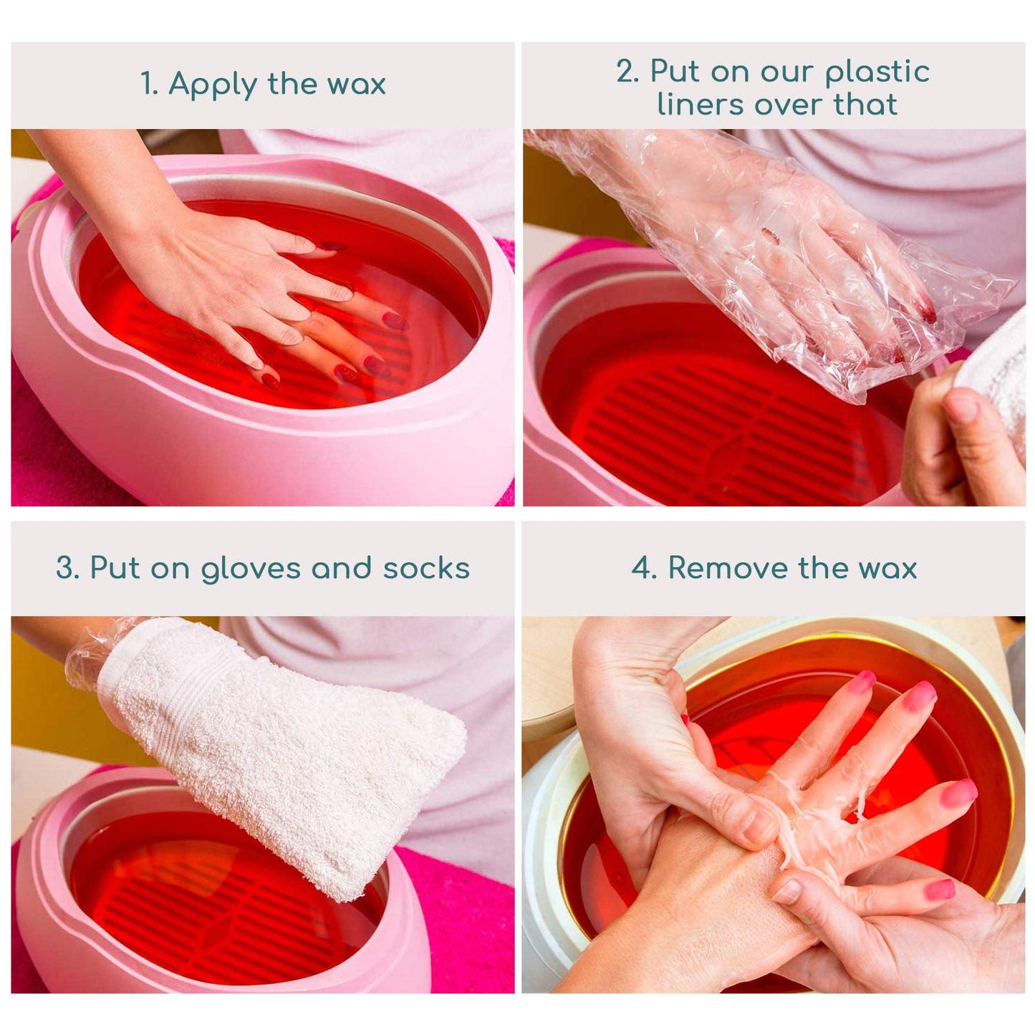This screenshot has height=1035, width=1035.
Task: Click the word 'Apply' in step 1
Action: coord(213,85)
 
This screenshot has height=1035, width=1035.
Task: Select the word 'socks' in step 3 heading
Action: coord(426,568)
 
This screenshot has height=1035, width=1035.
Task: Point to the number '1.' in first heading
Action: coord(149,85)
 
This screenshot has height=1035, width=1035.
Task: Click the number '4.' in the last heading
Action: coord(645,568)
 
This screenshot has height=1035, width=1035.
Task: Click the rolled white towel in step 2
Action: coord(999,380)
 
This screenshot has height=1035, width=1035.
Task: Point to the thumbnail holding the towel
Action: coord(962,408)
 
